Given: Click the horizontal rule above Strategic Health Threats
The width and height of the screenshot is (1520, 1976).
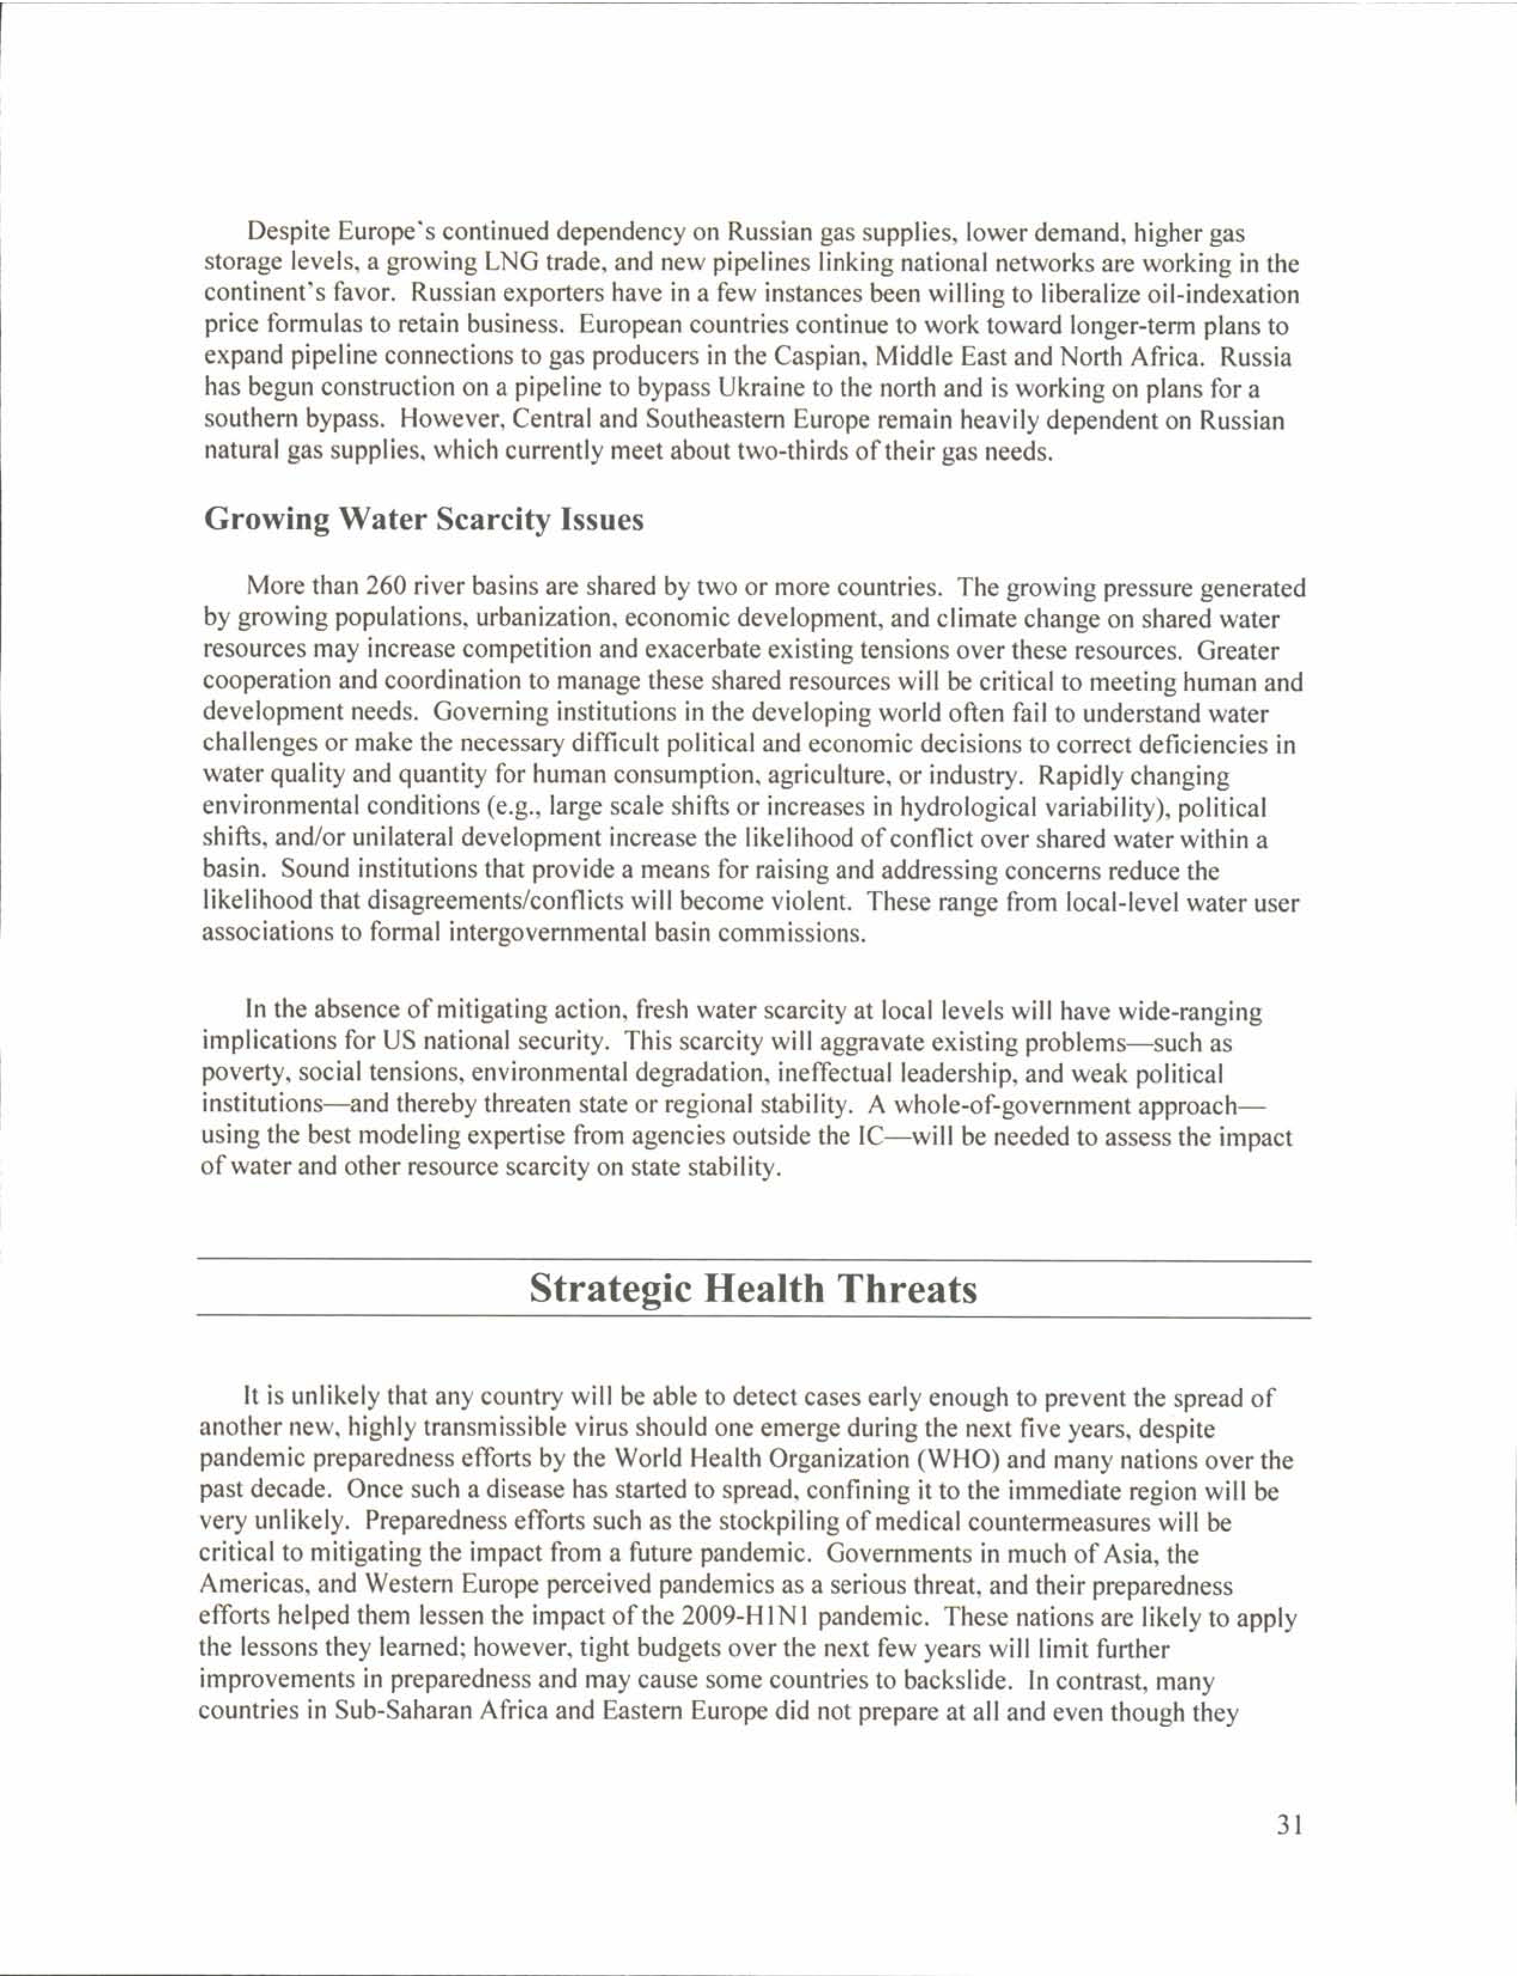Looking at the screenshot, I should [753, 1260].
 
